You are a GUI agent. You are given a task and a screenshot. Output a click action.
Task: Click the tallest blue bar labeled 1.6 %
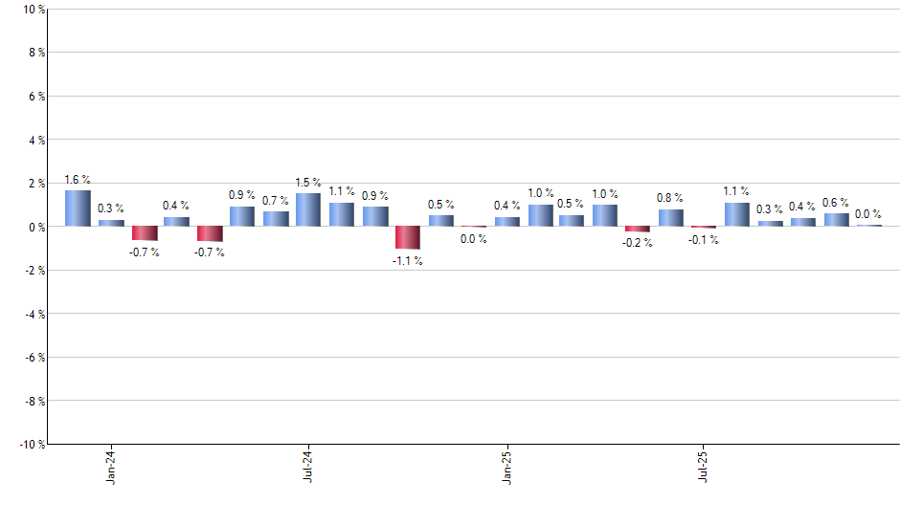[x=78, y=208]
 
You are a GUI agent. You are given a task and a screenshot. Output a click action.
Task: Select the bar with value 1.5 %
[x=308, y=210]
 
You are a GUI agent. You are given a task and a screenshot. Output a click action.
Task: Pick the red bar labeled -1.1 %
[x=407, y=237]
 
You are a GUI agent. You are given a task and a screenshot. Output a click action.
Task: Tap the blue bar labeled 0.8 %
[x=670, y=218]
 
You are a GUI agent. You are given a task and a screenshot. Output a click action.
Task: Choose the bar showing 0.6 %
[x=836, y=220]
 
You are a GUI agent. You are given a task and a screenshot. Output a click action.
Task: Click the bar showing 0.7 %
[x=276, y=219]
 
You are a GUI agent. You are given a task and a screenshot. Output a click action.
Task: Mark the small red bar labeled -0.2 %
[x=638, y=229]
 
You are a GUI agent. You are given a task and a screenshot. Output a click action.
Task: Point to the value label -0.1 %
[x=704, y=240]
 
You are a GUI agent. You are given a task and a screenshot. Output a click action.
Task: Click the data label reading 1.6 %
[x=78, y=180]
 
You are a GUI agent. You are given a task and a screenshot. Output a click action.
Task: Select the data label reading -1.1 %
[x=407, y=261]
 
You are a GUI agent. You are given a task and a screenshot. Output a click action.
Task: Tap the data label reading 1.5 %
[x=308, y=183]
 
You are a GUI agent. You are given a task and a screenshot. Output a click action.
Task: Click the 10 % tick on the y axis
[x=33, y=10]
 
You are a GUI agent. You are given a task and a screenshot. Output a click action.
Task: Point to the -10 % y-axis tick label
[x=31, y=445]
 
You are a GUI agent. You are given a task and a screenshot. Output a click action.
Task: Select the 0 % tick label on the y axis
[x=35, y=227]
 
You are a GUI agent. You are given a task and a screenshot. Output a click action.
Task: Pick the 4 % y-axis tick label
[x=35, y=140]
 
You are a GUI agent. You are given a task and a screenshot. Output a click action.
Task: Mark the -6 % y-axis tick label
[x=34, y=358]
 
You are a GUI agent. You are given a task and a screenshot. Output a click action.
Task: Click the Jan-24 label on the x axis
[x=111, y=466]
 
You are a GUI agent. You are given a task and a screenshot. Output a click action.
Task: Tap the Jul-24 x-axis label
[x=308, y=466]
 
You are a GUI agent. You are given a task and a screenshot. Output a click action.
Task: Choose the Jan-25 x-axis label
[x=506, y=466]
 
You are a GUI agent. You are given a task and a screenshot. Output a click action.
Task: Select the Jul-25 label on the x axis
[x=704, y=466]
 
